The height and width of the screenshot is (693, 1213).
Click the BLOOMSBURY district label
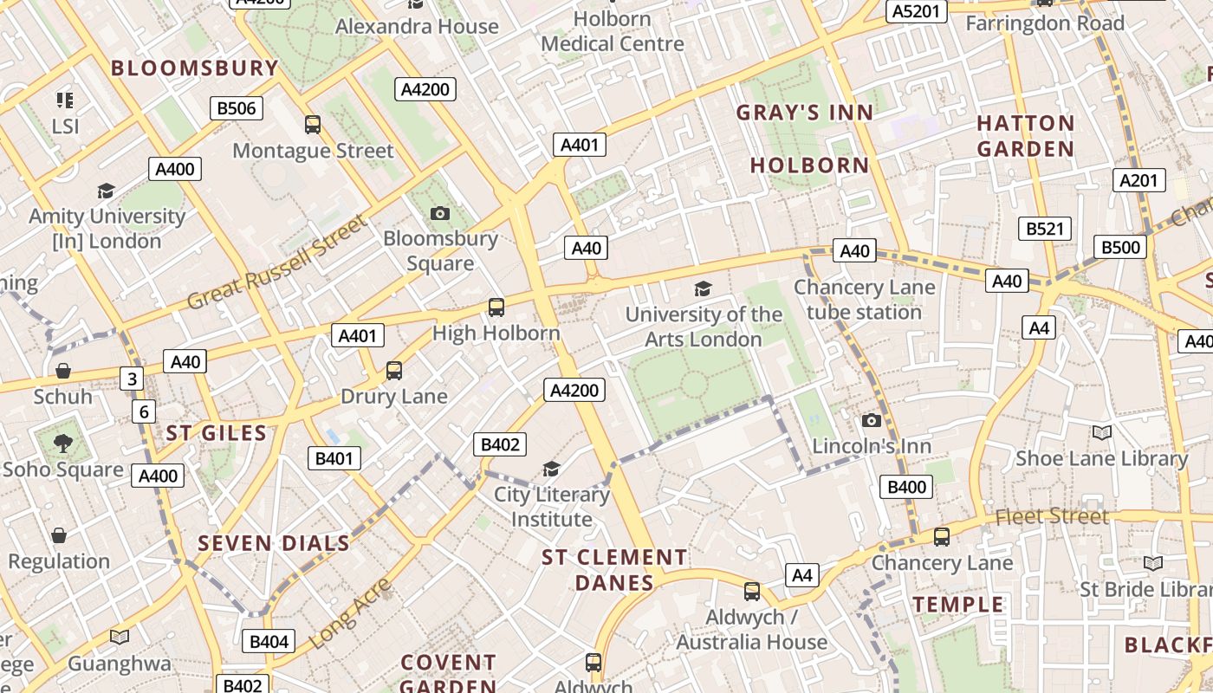point(195,68)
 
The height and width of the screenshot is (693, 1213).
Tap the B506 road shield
point(237,108)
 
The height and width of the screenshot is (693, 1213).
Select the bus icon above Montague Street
point(313,125)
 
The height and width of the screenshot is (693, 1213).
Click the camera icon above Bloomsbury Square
point(440,213)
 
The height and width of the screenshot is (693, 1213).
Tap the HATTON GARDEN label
point(1026,136)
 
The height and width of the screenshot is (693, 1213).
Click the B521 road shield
point(1044,229)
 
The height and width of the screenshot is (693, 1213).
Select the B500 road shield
point(1120,247)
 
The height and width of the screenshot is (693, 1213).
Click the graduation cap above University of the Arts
point(703,289)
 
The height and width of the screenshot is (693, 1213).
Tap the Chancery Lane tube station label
point(864,300)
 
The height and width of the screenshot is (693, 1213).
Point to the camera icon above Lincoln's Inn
point(872,421)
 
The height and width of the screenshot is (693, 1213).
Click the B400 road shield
point(907,487)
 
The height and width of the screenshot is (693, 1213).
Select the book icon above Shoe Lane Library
point(1101,433)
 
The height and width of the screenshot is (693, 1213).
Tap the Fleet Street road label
point(1052,517)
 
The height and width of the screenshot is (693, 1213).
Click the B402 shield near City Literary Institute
point(500,445)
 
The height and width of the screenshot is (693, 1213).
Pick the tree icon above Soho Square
point(62,444)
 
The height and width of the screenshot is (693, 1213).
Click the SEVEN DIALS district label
point(274,544)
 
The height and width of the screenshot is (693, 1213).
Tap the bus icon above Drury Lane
point(394,371)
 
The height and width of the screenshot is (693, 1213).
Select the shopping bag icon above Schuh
point(62,372)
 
